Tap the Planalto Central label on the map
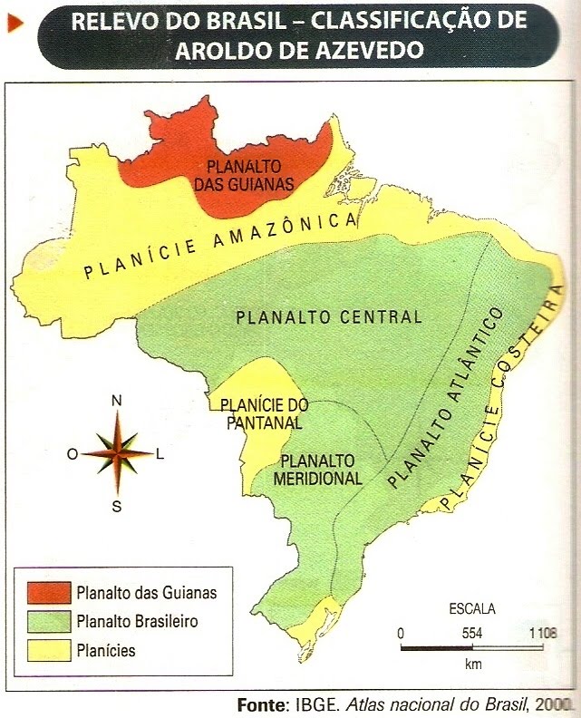329,317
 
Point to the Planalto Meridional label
322,470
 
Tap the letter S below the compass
116,507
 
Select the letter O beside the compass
73,455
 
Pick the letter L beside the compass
160,455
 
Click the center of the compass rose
116,453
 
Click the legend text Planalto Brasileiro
138,622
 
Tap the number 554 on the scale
471,633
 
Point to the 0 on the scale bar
401,633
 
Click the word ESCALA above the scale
471,608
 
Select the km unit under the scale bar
472,665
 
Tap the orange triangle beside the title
15,24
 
